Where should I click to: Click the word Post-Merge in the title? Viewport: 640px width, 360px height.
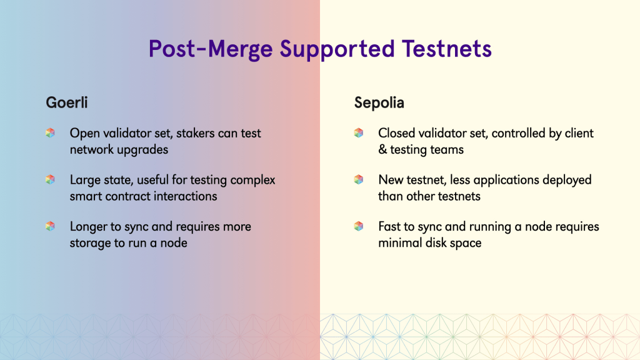click(211, 49)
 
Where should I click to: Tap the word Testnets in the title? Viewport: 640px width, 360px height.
click(446, 49)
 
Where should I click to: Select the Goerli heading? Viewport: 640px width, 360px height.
click(66, 102)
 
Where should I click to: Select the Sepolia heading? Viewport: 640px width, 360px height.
click(379, 103)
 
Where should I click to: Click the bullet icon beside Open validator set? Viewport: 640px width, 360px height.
click(50, 132)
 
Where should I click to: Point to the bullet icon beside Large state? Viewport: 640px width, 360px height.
click(50, 179)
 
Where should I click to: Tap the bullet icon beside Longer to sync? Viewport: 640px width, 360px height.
click(50, 226)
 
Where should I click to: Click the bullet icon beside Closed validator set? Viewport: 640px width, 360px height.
click(359, 132)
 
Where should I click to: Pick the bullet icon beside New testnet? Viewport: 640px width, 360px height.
click(359, 179)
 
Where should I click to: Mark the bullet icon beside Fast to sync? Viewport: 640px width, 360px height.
click(359, 226)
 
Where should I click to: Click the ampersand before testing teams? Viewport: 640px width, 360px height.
click(382, 149)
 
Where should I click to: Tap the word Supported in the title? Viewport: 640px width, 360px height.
click(337, 49)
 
